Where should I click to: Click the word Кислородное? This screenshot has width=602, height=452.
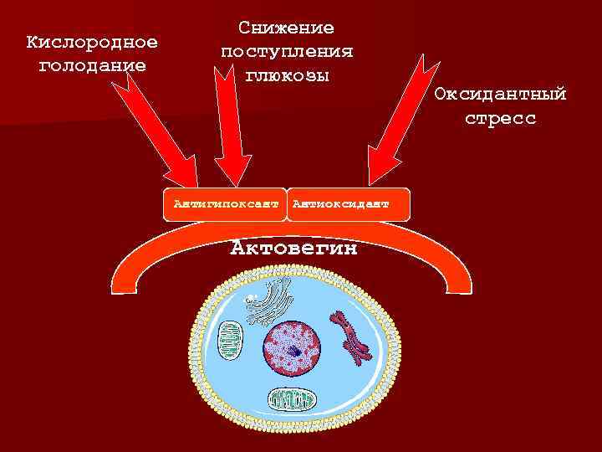coord(92,42)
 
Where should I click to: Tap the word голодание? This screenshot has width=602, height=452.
coord(92,64)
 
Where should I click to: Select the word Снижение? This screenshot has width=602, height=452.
coord(286,28)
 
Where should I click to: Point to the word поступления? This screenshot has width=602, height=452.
coord(286,52)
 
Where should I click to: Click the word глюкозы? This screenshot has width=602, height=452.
coord(286,74)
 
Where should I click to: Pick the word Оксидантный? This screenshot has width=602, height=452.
coord(500,94)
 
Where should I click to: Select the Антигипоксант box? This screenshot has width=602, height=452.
coord(224,203)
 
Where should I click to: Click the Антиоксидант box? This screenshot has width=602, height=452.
coord(338,203)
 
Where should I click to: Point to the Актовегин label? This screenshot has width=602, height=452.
coord(293,249)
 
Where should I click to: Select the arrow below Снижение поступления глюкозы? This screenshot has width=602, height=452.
coord(232,126)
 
